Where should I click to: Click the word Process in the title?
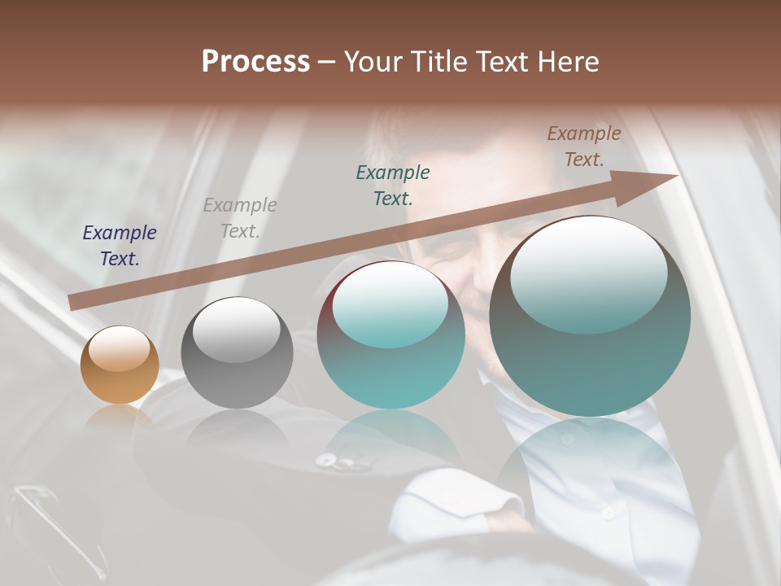pos(255,62)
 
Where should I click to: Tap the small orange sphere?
pos(120,365)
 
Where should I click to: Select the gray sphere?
pos(237,352)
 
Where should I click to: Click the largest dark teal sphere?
pos(590,317)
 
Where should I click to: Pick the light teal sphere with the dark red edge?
pos(390,335)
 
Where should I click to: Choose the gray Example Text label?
pos(240,218)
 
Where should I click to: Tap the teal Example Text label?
pos(393,185)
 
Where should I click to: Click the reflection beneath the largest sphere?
pos(590,464)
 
